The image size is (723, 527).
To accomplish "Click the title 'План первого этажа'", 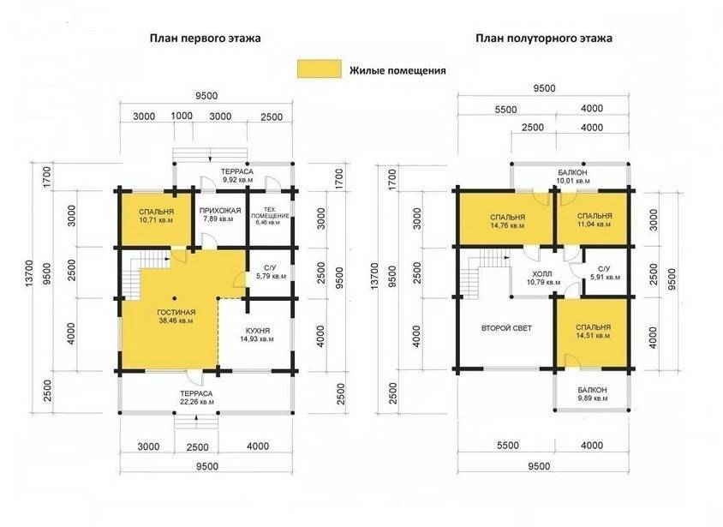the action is coord(206,38).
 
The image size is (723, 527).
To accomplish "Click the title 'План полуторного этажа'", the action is coord(544,38).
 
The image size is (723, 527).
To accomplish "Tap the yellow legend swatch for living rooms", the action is coord(319,69).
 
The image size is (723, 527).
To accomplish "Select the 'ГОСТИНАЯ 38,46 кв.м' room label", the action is coord(176,316).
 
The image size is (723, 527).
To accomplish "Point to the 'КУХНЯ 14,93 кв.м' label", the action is coord(257,335).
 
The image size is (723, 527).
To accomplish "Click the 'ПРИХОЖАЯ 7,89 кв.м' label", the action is coord(220,214).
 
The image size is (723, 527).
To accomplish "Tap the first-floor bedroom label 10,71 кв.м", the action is coord(156,216).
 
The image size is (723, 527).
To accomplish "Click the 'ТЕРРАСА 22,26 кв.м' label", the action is coord(196,398).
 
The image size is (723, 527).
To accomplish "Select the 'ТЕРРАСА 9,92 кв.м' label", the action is coord(237,176).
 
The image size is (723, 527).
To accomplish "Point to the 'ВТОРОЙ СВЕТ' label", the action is coord(506,328).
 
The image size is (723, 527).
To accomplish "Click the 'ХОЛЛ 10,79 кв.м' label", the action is coord(544,278).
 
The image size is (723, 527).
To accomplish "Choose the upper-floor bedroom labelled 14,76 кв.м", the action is coord(507,221).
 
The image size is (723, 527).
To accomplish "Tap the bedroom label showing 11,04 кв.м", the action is coord(595,220).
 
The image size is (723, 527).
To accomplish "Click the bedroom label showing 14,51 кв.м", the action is coord(593,331).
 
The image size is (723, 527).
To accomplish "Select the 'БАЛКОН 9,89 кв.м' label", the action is coord(592,394).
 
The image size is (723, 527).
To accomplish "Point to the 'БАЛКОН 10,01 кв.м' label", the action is coord(572,177).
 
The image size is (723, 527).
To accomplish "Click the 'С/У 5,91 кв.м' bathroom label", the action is coord(605,273).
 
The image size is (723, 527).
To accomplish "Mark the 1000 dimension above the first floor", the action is coord(182,116).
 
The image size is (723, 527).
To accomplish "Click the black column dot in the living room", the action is coord(174,298).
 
